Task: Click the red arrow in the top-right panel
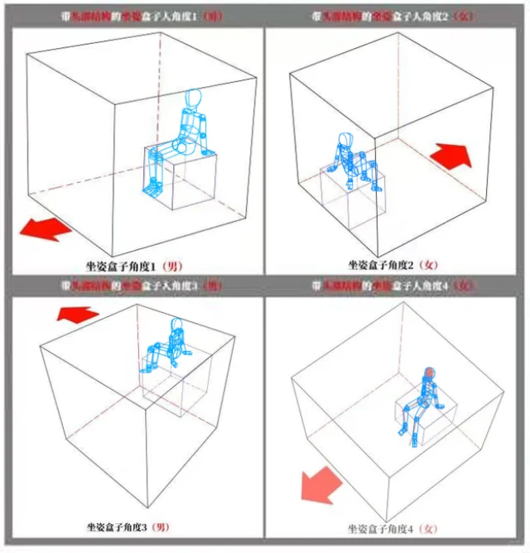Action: (x=450, y=154)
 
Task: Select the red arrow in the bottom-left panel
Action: (x=76, y=313)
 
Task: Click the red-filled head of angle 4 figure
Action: (x=429, y=373)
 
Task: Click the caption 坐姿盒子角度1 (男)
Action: (x=133, y=266)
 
